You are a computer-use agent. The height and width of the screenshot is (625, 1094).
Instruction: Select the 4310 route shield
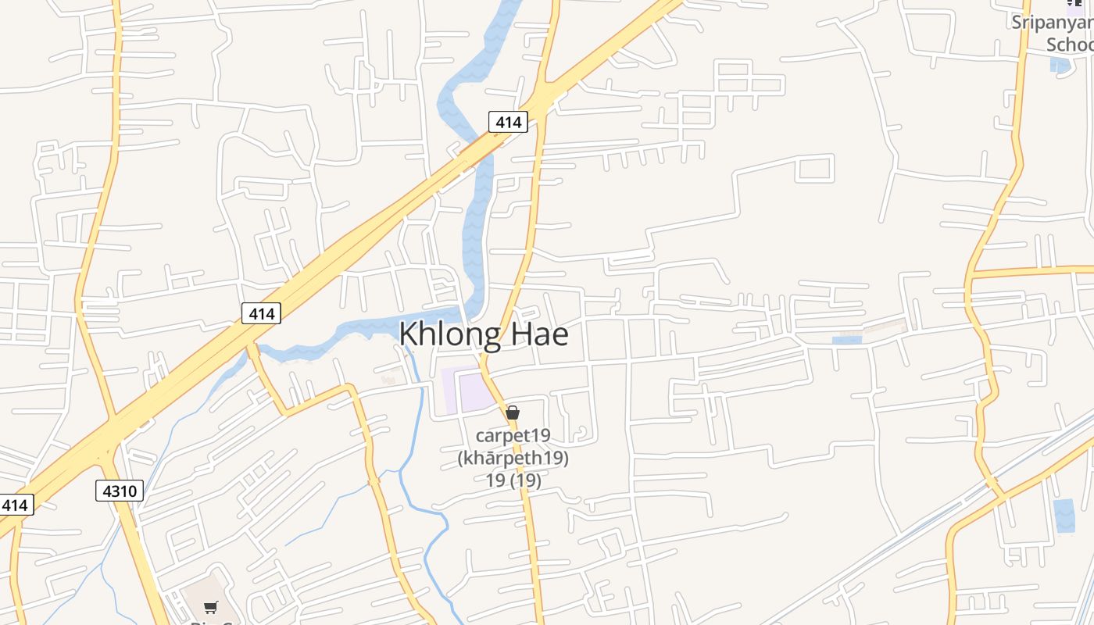(120, 491)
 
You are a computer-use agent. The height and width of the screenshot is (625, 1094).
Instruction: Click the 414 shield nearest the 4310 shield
(14, 505)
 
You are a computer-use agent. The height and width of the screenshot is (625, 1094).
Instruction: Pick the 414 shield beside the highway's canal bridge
(508, 122)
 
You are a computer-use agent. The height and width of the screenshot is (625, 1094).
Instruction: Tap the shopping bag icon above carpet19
(513, 412)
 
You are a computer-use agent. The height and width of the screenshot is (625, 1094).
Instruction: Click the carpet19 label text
(513, 435)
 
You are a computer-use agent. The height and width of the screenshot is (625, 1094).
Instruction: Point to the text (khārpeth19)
(513, 458)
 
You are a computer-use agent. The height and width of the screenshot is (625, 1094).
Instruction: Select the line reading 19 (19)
(513, 480)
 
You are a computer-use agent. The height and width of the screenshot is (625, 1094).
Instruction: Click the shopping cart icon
(210, 607)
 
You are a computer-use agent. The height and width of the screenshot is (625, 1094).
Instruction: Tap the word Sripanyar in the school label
(1052, 22)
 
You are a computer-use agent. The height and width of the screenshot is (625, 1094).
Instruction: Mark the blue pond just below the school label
(1060, 64)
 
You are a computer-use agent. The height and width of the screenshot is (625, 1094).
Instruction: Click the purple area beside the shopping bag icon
(473, 391)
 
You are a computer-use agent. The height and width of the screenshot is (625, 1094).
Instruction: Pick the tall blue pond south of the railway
(1064, 516)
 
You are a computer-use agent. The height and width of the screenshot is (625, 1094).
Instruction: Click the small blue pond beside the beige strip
(846, 340)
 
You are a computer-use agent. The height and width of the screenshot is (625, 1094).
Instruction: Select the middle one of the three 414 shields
(261, 313)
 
